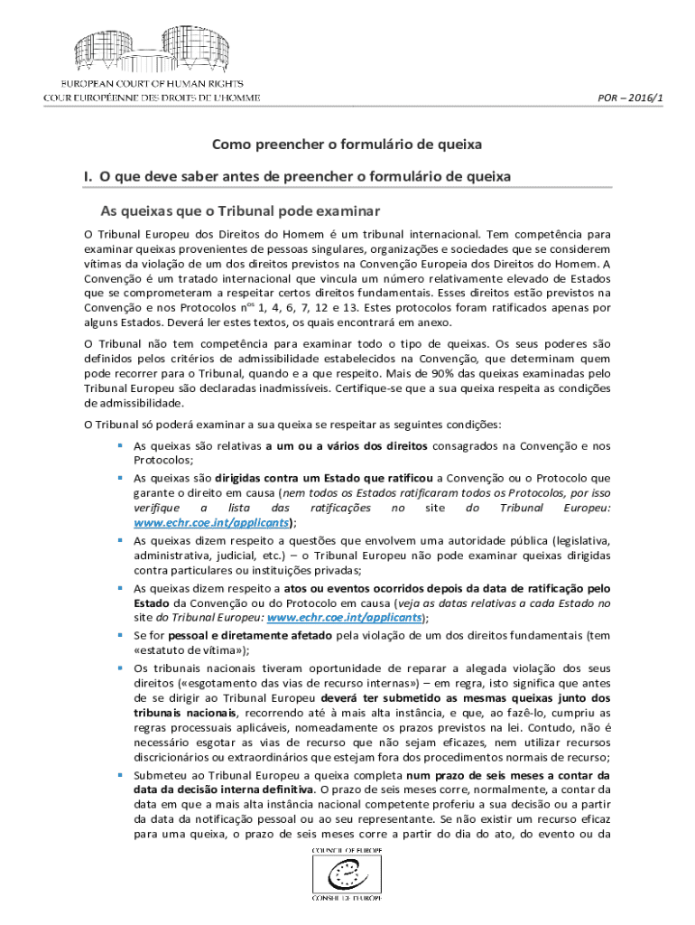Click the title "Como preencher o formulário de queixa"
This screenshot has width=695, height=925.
pos(347,144)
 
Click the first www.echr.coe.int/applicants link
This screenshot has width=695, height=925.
pos(212,522)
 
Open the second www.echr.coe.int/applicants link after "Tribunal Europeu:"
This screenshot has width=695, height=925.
pos(345,618)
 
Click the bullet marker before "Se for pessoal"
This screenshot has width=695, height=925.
pos(119,634)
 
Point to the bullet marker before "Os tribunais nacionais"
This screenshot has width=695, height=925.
pos(119,667)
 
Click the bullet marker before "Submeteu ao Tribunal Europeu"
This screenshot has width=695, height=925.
pos(119,774)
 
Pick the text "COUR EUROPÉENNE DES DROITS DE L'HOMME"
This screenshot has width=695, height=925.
pos(152,98)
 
